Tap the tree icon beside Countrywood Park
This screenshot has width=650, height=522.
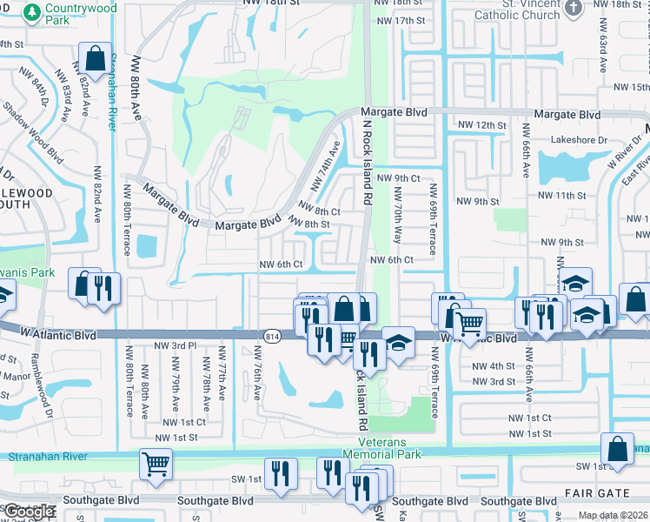coord(32,12)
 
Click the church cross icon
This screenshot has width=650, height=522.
coord(573,9)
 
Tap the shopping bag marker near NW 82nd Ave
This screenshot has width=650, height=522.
coord(93,60)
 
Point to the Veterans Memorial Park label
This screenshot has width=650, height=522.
coord(381,448)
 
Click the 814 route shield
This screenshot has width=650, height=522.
coord(270,335)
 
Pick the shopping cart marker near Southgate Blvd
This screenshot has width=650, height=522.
coord(156,465)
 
